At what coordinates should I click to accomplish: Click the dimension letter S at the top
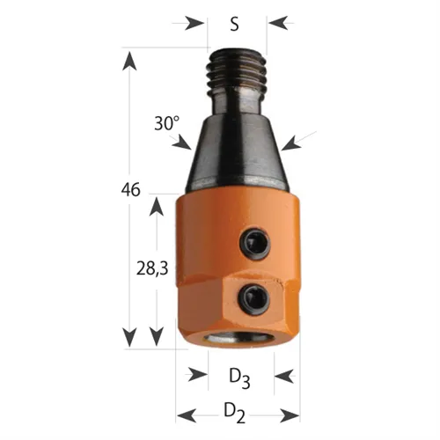(x=234, y=24)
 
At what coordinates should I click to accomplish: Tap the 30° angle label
(x=166, y=124)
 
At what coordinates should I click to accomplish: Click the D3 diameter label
(x=238, y=378)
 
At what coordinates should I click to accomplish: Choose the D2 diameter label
(x=234, y=411)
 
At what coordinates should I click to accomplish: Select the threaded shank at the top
(x=238, y=75)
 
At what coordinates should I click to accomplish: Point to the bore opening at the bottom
(x=239, y=338)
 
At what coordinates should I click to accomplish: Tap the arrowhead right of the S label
(x=276, y=23)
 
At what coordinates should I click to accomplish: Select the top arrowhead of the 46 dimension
(x=130, y=60)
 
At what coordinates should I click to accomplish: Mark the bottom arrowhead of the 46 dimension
(x=130, y=336)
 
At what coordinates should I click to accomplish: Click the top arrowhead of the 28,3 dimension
(x=157, y=205)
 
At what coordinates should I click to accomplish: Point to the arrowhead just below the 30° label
(x=182, y=143)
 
